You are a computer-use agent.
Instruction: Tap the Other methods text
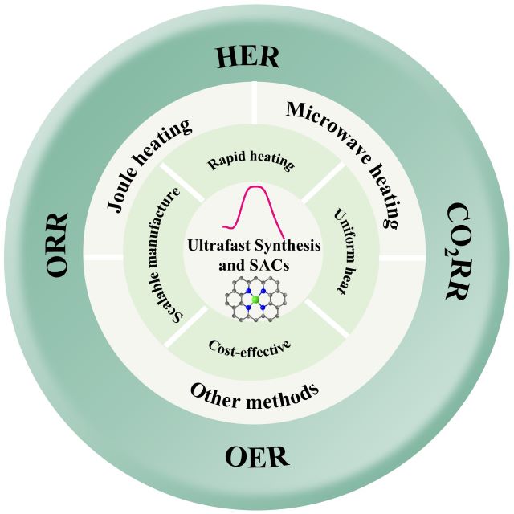click(255, 393)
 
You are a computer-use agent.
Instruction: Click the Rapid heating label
click(251, 161)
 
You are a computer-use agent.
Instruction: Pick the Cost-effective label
click(248, 348)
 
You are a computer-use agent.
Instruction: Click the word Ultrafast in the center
click(220, 244)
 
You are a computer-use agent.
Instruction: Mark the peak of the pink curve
click(255, 187)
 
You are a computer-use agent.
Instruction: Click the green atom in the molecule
click(255, 300)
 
